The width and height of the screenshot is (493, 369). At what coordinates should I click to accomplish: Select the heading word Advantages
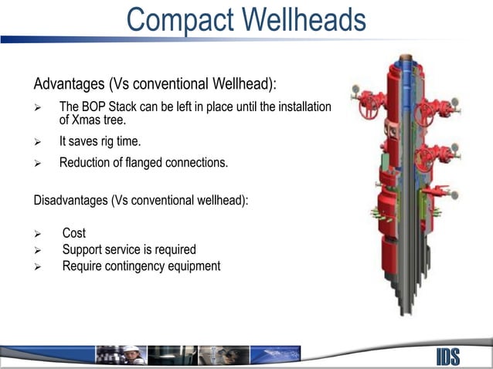pos(69,83)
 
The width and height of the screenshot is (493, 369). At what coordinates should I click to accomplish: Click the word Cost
pos(74,233)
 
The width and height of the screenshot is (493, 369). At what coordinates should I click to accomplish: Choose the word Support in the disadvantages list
pos(83,249)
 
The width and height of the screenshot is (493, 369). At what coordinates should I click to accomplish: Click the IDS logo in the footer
pos(447,356)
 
